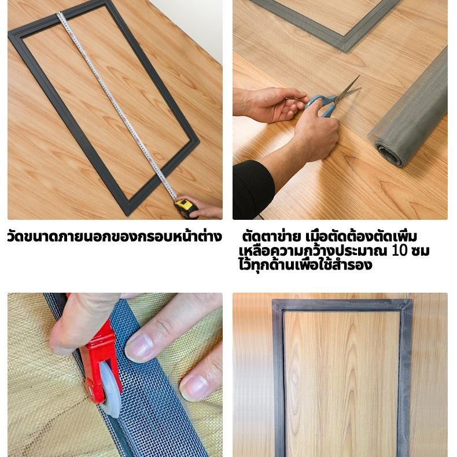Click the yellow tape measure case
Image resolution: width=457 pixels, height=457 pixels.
coord(185,208)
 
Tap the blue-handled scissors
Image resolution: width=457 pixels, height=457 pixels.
coord(332,97)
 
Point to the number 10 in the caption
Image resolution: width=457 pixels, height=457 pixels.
coord(399,250)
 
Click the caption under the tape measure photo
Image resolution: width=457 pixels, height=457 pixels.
coord(115,237)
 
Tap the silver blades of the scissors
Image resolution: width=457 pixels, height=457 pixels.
coord(348,90)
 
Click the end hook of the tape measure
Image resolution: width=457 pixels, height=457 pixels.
coord(59,13)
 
